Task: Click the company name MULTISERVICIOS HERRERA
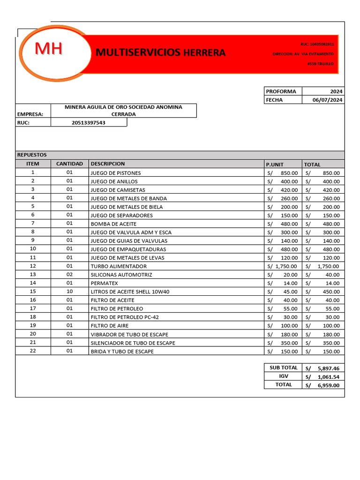pos(160,52)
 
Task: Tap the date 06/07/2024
pos(328,100)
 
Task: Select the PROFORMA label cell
pos(281,91)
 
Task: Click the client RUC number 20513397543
pos(89,123)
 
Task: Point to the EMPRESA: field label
pos(30,114)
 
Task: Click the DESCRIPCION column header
pos(108,164)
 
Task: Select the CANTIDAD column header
pos(69,164)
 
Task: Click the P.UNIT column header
pos(275,165)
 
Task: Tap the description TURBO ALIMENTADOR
pos(119,266)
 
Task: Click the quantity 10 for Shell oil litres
pos(69,292)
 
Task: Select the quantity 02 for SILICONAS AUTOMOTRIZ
pos(69,275)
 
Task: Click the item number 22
pos(33,351)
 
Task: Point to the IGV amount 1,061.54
pos(328,377)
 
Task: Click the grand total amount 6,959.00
pos(328,385)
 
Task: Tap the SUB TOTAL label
pos(284,368)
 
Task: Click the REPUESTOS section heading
pos(32,155)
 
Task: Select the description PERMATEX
pos(105,283)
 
